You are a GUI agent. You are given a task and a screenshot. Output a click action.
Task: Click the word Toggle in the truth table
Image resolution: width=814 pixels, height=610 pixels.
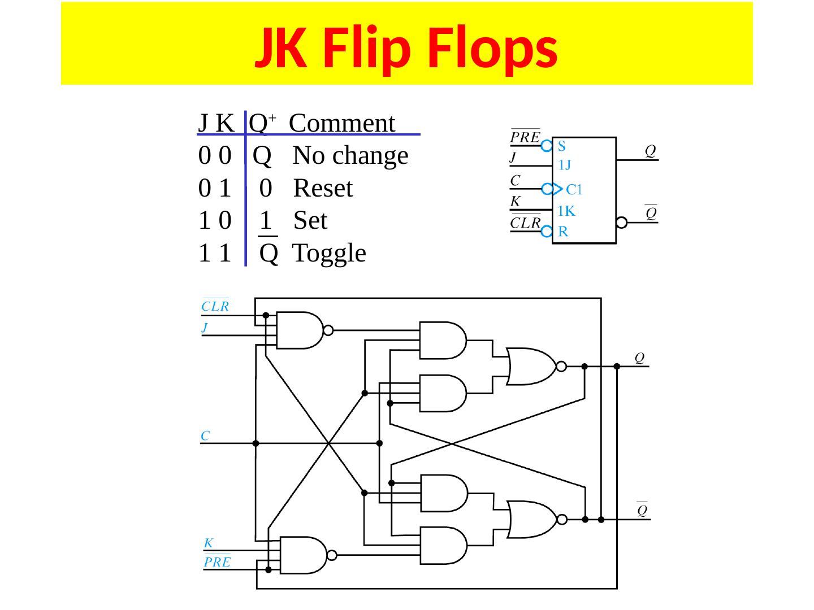click(329, 253)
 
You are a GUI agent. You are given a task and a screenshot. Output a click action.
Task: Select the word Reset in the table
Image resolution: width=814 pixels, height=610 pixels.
click(323, 188)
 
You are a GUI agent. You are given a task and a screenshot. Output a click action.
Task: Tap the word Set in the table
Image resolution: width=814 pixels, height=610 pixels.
click(310, 220)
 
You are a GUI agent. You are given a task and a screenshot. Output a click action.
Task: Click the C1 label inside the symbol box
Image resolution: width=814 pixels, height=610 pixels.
click(575, 189)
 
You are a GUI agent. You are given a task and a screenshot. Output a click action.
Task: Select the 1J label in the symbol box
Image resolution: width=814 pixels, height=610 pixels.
click(565, 165)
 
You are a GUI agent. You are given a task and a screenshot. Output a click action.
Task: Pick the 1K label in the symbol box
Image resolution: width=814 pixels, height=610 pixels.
click(566, 211)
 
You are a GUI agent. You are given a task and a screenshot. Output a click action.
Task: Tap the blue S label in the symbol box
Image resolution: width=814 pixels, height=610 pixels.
click(562, 146)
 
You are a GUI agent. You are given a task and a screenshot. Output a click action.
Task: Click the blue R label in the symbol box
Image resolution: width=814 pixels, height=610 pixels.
click(563, 232)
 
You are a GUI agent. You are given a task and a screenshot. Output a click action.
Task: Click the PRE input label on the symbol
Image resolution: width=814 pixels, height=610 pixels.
click(525, 137)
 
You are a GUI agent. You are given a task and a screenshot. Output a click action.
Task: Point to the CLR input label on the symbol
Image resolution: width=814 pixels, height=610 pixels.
click(526, 223)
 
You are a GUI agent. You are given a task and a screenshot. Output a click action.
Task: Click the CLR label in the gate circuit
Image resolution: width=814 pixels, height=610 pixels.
click(215, 307)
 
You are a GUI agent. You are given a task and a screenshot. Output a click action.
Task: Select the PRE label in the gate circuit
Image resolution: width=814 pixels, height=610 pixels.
click(217, 562)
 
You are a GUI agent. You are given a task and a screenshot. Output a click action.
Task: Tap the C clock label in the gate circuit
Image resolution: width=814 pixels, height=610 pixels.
click(206, 436)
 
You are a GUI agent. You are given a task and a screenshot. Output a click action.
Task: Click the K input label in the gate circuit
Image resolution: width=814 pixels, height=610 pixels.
click(208, 543)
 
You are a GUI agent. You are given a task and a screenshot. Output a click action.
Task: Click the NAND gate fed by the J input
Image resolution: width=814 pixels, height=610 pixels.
click(300, 330)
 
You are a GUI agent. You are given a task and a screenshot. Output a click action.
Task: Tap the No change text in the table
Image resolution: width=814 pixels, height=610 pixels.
click(350, 155)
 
